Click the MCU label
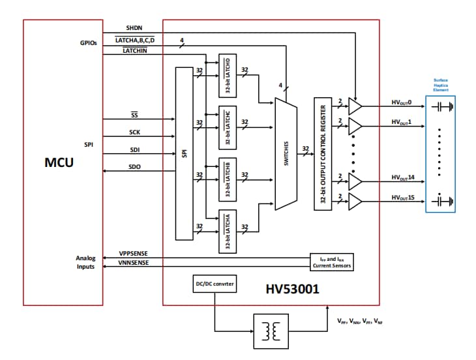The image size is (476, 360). pyautogui.click(x=59, y=162)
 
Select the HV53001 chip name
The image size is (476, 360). pyautogui.click(x=292, y=288)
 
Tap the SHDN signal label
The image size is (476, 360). pyautogui.click(x=134, y=29)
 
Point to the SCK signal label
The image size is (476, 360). pyautogui.click(x=134, y=132)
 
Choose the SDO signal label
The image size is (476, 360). pyautogui.click(x=134, y=167)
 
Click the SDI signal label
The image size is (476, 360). pyautogui.click(x=134, y=149)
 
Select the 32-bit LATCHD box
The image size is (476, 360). pyautogui.click(x=228, y=75)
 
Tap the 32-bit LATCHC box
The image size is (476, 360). pyautogui.click(x=228, y=127)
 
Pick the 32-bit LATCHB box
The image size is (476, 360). pyautogui.click(x=228, y=179)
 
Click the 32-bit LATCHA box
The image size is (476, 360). pyautogui.click(x=228, y=231)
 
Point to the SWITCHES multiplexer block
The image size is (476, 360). pyautogui.click(x=286, y=154)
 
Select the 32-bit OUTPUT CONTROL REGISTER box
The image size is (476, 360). pyautogui.click(x=323, y=154)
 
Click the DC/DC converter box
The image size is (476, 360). pyautogui.click(x=214, y=284)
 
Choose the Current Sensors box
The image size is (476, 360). pyautogui.click(x=331, y=263)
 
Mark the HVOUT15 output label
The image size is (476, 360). pyautogui.click(x=402, y=197)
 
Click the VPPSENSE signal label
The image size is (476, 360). pyautogui.click(x=134, y=253)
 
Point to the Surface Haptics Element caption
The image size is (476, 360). pyautogui.click(x=441, y=84)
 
